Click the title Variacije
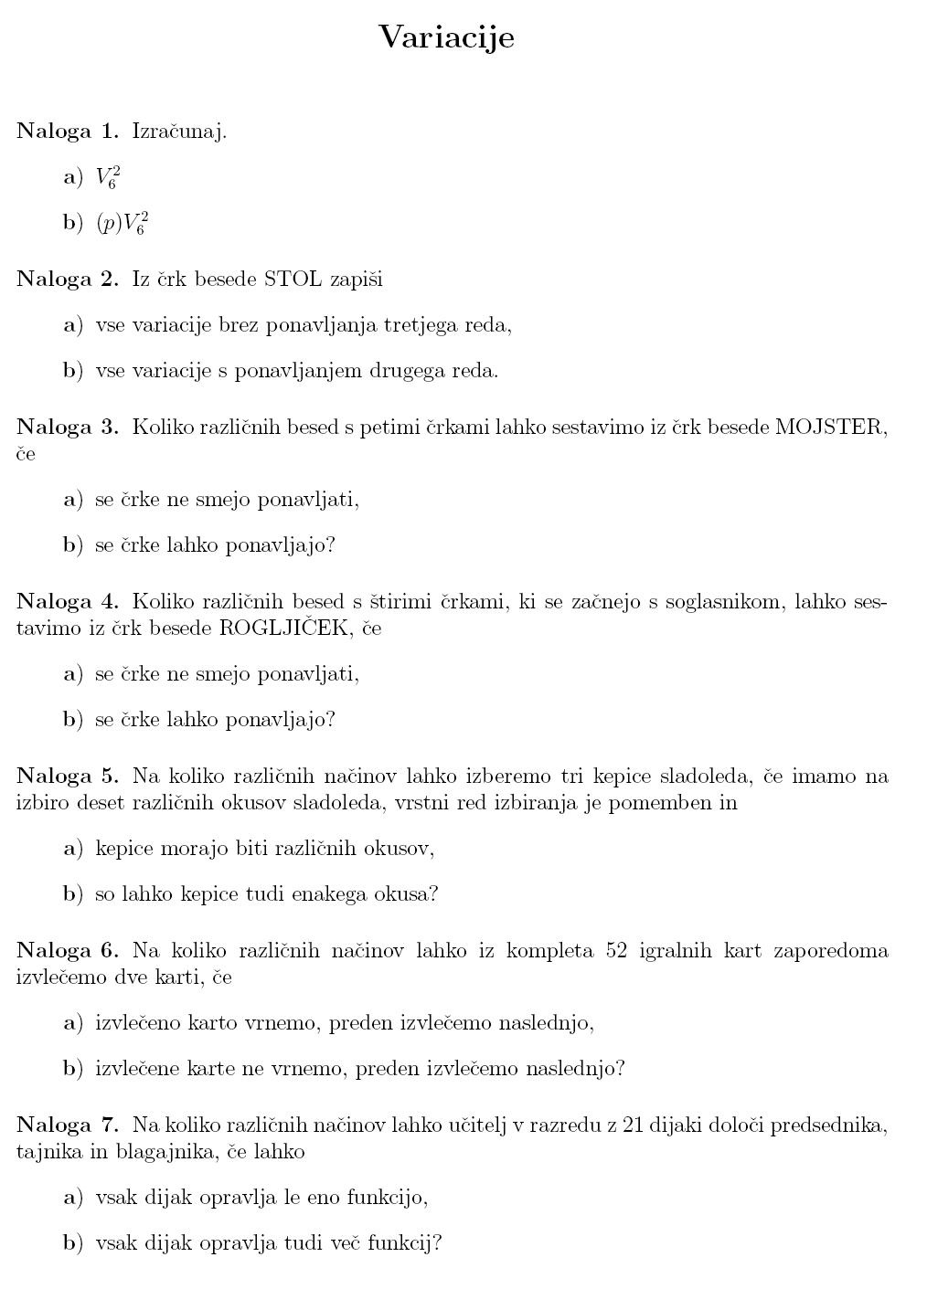coord(446,37)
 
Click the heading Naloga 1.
coord(68,131)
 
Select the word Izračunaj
coord(179,132)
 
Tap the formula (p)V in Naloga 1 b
coord(122,223)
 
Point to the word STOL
coord(293,279)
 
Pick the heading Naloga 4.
coord(68,601)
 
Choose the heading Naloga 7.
coord(68,1125)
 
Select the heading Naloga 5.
coord(68,776)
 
